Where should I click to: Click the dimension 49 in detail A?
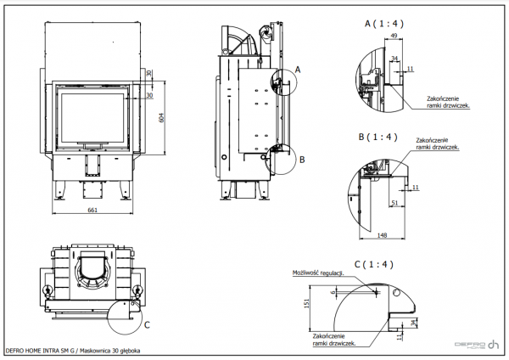[394, 36]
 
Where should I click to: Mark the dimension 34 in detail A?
[394, 58]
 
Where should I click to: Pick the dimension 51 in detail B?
[395, 204]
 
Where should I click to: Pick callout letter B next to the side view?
[301, 159]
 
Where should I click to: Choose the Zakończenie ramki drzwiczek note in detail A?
[449, 104]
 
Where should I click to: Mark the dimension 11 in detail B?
[416, 187]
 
